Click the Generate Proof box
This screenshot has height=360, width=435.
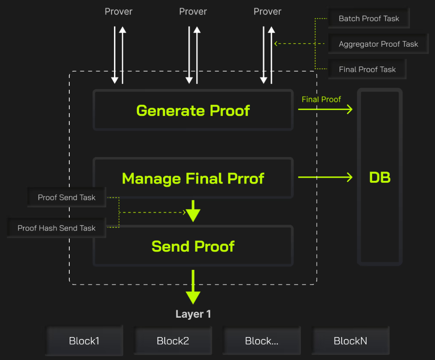coord(193,110)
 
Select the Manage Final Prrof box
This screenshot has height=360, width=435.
coord(193,178)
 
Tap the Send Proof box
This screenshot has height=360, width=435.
coord(193,246)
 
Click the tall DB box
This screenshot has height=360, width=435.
coord(380,177)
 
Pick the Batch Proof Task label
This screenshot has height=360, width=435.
coord(369,19)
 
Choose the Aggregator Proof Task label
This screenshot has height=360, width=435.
coord(378,44)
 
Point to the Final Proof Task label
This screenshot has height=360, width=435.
coord(367,69)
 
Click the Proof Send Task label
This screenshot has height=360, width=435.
coord(66,197)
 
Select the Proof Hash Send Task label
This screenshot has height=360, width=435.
coord(56,228)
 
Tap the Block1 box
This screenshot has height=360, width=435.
coord(84,341)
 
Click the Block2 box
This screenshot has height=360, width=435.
coord(173,341)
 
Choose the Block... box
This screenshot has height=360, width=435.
coord(261,341)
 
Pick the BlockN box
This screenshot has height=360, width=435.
coord(350,341)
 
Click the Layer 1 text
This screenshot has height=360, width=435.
coord(193,314)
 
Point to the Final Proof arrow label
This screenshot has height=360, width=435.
coord(321,99)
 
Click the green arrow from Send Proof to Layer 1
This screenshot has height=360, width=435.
coord(193,288)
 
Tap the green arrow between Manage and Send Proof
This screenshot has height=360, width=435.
coord(193,211)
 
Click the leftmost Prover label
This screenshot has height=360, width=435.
coord(118,12)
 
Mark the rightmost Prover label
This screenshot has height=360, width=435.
coord(267,12)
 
